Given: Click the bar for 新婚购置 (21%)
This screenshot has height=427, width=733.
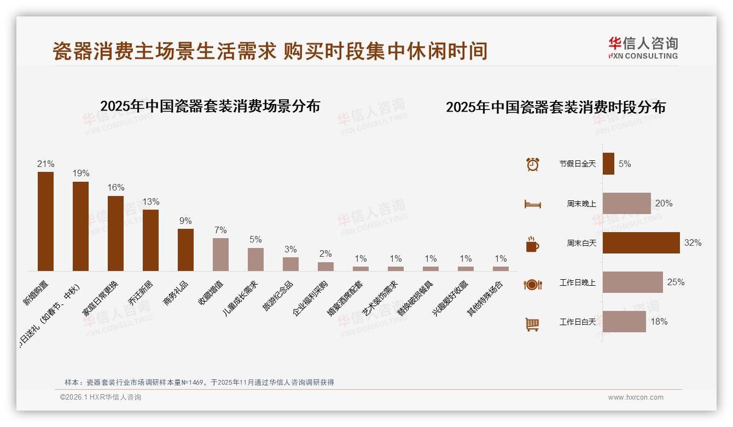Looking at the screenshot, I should tap(45, 221).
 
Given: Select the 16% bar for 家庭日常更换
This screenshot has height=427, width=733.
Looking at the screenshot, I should tap(115, 233).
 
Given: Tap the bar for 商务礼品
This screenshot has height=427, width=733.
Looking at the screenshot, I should tap(185, 250).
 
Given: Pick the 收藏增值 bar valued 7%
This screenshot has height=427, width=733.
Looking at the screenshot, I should tap(220, 255).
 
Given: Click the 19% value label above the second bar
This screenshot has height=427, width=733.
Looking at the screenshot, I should tap(80, 174).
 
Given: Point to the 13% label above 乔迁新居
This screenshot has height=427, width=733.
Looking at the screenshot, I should tap(150, 201).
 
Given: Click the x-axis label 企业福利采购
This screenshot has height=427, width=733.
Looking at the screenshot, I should tap(311, 298).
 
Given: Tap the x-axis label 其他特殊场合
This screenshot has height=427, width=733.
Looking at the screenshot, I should tap(485, 298).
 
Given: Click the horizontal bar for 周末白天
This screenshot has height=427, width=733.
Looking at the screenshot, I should tap(641, 243).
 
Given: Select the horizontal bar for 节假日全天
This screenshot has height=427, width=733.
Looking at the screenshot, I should tap(608, 164).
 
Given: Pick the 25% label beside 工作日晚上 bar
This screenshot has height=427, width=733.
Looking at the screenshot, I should tap(676, 282).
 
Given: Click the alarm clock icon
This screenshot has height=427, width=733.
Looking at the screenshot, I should tap(532, 164).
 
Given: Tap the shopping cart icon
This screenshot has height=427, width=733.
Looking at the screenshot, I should tap(532, 324).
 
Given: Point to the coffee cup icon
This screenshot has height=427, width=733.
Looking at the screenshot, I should tap(532, 244).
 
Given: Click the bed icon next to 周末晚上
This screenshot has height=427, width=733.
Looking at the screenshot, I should tap(532, 204).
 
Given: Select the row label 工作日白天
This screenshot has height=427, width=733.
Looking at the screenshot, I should tap(577, 322).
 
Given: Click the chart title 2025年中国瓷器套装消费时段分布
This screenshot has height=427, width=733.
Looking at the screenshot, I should tap(555, 107).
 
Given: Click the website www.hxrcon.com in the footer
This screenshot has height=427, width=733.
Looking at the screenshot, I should tap(636, 397).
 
